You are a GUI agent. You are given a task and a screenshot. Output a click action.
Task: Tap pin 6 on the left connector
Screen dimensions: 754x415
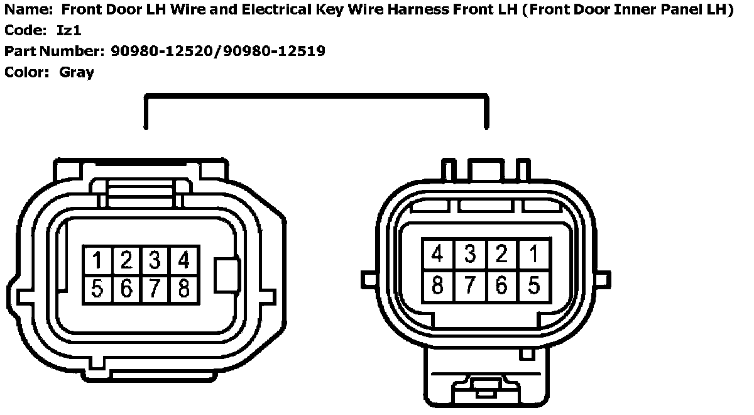coord(126,289)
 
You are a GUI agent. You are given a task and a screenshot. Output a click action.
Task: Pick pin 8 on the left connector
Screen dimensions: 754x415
coord(183,289)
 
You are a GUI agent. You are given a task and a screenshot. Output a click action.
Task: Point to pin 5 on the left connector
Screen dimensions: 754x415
coord(98,289)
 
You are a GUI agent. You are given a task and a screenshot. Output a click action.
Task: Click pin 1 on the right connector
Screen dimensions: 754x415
coord(533,255)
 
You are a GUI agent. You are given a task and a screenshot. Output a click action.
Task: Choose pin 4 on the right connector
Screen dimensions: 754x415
coord(438,255)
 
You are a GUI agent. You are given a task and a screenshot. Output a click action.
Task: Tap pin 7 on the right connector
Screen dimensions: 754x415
coord(470,285)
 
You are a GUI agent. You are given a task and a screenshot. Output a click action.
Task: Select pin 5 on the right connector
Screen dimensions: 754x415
coord(533,285)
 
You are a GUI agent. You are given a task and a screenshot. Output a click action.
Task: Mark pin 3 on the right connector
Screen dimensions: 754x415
coord(470,255)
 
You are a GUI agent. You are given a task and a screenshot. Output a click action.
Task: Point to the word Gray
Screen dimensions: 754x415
coord(77,72)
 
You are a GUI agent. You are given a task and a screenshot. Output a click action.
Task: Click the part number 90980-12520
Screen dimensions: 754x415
coord(162,51)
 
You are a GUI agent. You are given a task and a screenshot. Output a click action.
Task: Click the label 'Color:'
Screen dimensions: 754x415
coord(26,72)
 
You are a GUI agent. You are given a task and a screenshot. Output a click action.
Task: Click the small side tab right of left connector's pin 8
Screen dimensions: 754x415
coord(226,275)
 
